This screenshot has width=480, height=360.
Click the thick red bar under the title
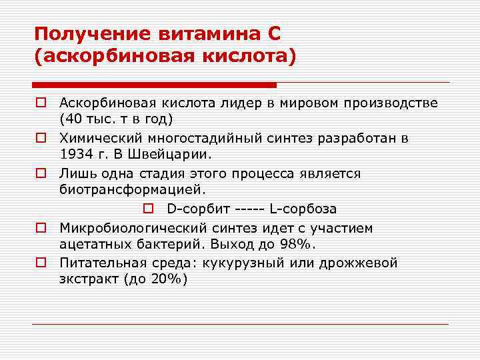pos(154,85)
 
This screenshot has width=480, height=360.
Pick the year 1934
pos(75,155)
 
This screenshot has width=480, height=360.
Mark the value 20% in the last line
pos(165,279)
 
